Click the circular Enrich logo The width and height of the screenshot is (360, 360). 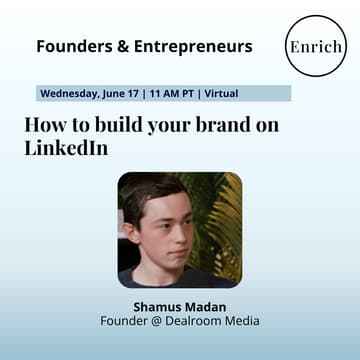point(315,46)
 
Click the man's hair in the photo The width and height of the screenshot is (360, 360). point(150,190)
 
